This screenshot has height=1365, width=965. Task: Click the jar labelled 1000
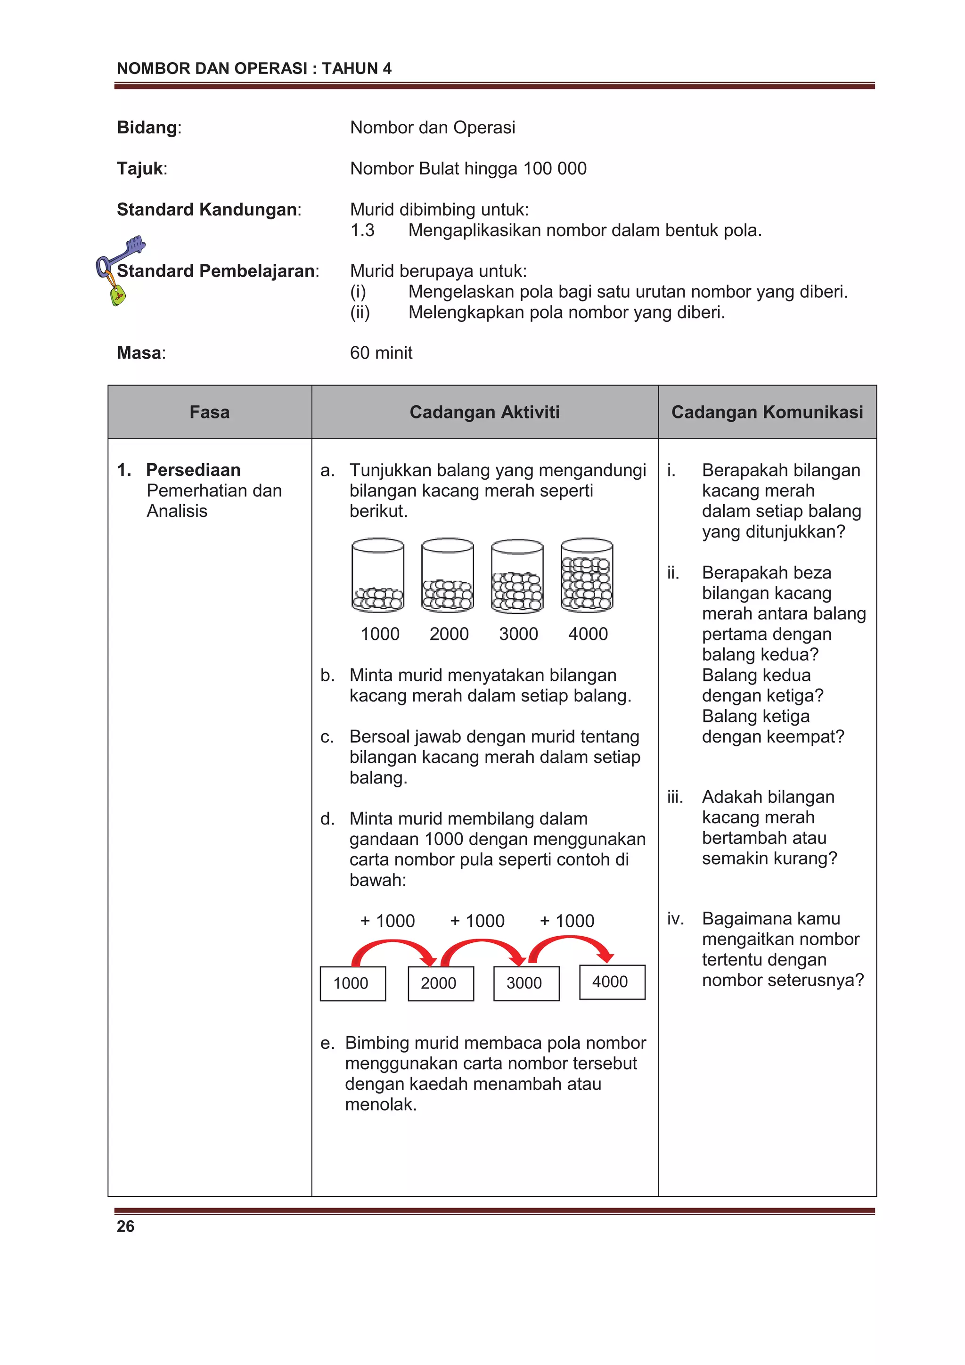(377, 574)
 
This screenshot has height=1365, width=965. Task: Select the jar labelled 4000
(587, 574)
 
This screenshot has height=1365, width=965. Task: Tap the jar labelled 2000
(447, 574)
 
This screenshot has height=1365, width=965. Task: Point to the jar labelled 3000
(517, 575)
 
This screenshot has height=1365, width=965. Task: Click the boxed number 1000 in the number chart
(352, 983)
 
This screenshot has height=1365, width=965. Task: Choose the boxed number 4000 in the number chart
(612, 981)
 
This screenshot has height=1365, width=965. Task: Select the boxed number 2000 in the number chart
(441, 983)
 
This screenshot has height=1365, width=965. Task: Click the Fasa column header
(209, 412)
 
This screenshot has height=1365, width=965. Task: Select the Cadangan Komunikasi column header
(767, 412)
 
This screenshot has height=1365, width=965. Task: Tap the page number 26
(125, 1226)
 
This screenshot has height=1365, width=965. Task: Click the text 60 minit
(381, 353)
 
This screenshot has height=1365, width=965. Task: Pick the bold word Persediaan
(193, 470)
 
